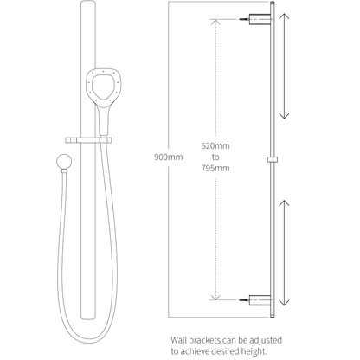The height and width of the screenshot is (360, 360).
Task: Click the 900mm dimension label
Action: (x=169, y=157)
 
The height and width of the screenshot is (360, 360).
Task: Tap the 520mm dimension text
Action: (x=215, y=146)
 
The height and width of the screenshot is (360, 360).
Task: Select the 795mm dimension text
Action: (x=215, y=168)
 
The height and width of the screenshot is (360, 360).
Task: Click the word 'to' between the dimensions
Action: (x=215, y=157)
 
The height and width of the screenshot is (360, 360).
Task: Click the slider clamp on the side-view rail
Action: (x=272, y=159)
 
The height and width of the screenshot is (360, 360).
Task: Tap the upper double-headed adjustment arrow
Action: (x=285, y=66)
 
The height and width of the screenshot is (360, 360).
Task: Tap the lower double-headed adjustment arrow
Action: (x=285, y=253)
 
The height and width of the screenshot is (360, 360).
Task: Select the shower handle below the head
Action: (x=104, y=120)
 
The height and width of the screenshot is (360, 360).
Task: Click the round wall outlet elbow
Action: (x=64, y=162)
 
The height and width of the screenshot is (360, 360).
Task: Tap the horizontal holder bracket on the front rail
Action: (x=88, y=140)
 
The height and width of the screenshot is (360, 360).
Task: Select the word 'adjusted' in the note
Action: (x=265, y=341)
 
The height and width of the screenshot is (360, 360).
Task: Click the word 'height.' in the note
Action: (x=254, y=352)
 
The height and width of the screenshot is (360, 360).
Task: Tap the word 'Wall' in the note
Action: (x=178, y=340)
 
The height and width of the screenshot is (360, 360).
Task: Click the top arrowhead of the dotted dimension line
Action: (x=215, y=22)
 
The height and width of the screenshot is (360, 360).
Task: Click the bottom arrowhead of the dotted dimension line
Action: (x=215, y=297)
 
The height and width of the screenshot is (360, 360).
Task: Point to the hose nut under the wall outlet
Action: (x=64, y=171)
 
